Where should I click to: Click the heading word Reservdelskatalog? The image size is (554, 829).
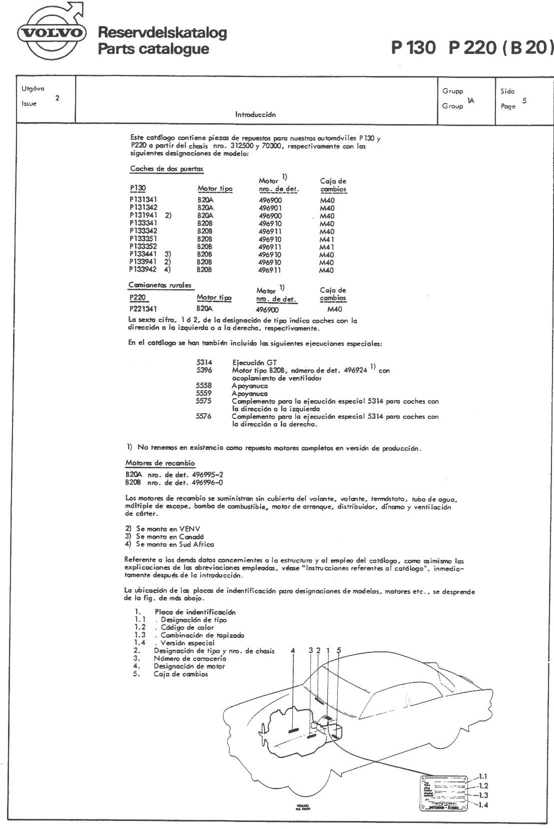[163, 33]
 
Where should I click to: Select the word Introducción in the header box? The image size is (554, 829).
[256, 115]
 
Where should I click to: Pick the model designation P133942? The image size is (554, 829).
[143, 270]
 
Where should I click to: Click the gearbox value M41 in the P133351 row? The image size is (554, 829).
[327, 239]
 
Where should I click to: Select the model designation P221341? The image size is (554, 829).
[143, 309]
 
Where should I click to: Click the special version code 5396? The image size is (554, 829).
[204, 370]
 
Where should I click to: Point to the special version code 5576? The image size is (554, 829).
[204, 416]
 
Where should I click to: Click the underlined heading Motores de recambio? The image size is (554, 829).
[160, 463]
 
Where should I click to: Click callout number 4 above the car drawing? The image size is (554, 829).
[293, 650]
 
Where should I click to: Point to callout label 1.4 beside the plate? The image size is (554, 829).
[483, 804]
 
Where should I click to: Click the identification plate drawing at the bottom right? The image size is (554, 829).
[443, 793]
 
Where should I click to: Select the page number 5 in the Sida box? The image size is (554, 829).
[524, 101]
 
